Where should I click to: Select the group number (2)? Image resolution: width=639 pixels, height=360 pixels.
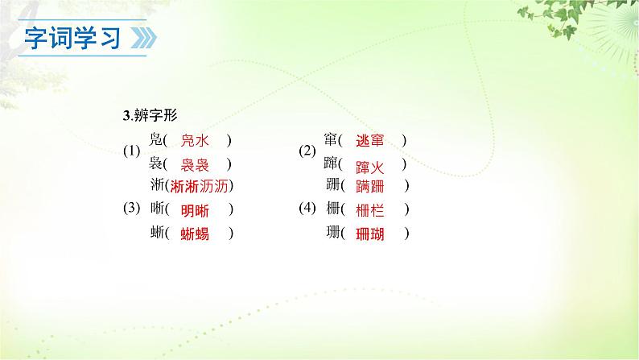click(x=307, y=151)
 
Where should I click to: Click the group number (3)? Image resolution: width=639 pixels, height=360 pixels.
click(x=132, y=209)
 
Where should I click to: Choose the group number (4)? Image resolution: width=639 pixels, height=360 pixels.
click(x=307, y=209)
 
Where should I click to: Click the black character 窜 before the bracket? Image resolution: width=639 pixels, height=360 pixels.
click(x=331, y=140)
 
